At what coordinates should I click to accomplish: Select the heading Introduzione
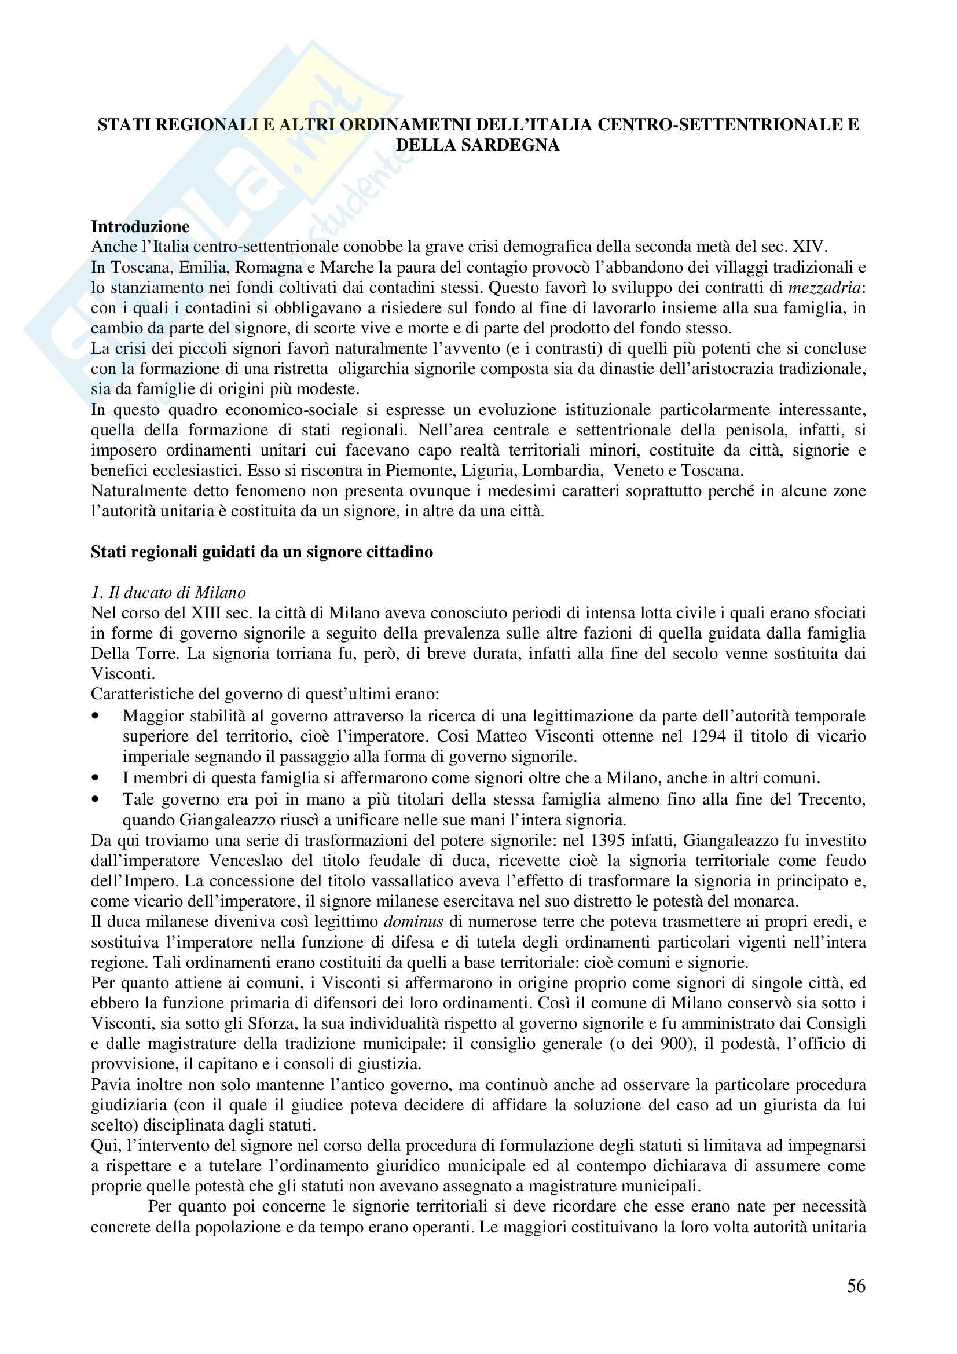(140, 226)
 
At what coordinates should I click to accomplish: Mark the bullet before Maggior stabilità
(96, 716)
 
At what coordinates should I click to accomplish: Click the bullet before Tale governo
(96, 799)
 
